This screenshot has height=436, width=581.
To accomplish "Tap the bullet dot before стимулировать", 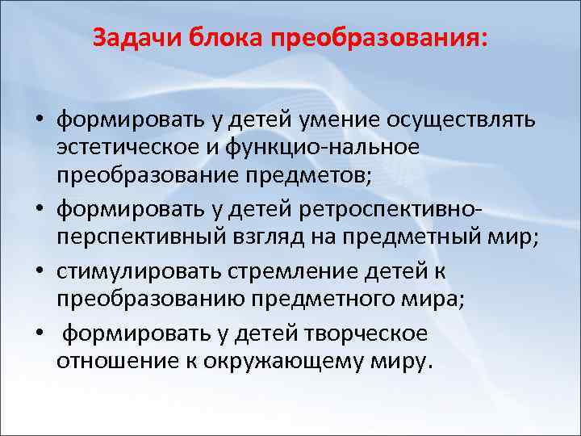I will [38, 270].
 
